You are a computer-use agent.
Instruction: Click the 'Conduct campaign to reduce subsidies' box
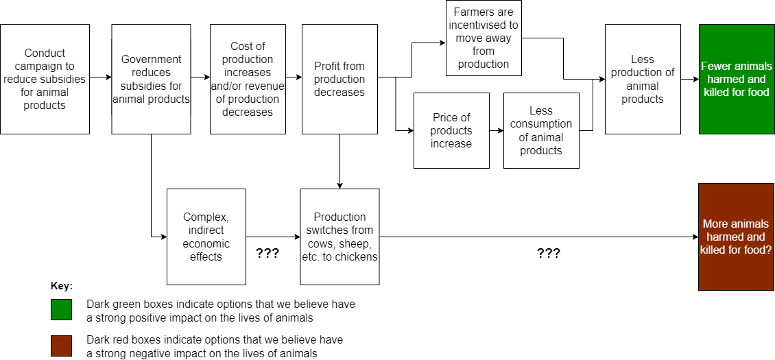45,79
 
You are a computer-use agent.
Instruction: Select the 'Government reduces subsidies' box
151,79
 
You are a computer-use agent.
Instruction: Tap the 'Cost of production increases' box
248,79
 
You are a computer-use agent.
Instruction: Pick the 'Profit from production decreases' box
339,79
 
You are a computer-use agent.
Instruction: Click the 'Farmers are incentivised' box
484,38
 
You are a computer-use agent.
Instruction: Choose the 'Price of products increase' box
451,130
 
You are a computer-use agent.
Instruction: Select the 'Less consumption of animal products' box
541,130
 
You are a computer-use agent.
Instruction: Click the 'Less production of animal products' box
643,79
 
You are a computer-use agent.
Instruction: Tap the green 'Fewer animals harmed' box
736,79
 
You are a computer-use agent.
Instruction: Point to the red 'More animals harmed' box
736,237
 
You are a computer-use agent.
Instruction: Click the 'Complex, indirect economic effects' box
206,237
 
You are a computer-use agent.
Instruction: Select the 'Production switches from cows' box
339,237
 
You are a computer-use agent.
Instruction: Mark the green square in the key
61,309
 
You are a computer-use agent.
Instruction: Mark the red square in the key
61,346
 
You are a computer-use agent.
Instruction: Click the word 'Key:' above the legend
62,285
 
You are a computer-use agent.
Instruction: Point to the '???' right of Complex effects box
267,253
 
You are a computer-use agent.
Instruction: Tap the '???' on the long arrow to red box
548,253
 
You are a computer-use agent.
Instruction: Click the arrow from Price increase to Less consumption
497,130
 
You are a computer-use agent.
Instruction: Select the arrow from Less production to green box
689,79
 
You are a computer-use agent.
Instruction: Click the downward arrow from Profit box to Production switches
339,161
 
